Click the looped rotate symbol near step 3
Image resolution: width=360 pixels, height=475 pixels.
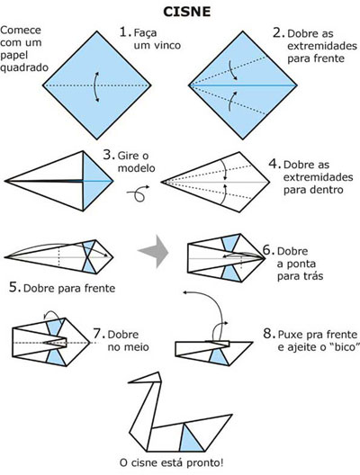pos(140,191)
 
